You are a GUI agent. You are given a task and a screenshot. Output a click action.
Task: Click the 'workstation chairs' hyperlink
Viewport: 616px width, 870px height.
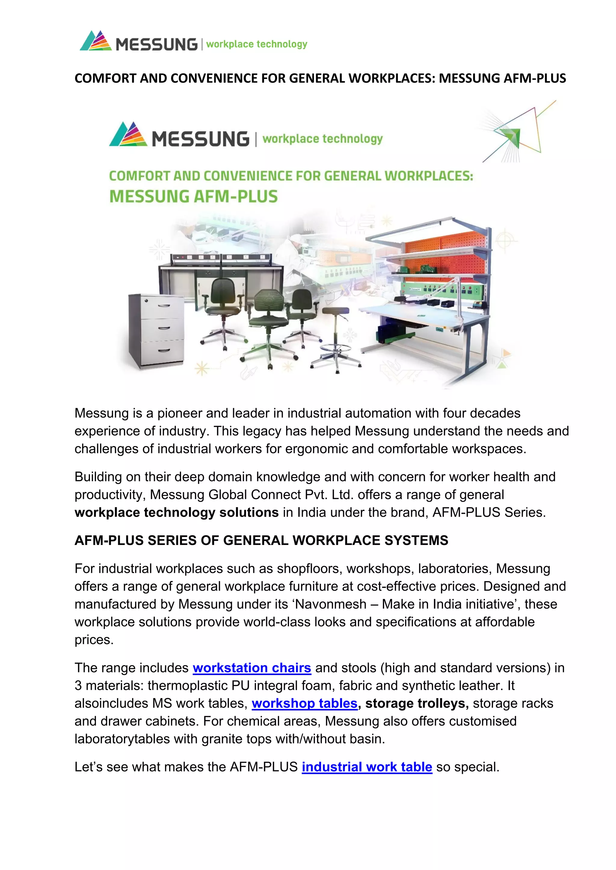point(252,668)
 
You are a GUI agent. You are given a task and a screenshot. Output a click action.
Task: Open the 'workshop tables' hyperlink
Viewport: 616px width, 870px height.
point(305,704)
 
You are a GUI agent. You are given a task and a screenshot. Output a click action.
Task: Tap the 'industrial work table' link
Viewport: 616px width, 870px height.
point(367,767)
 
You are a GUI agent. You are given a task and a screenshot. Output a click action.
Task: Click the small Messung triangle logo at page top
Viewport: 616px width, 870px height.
point(96,41)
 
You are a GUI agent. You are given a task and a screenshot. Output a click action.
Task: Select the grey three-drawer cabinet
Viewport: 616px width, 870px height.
point(156,330)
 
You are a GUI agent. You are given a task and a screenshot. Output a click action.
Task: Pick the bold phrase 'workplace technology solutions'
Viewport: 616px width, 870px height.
point(176,513)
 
